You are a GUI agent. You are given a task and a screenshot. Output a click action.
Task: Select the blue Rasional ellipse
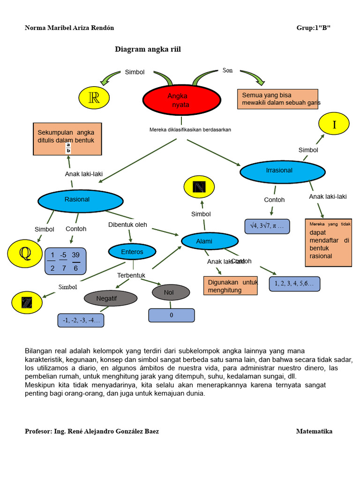tap(80, 200)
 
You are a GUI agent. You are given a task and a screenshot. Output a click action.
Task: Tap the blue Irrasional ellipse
tap(282, 172)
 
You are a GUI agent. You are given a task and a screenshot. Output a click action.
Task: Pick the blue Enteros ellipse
tap(132, 252)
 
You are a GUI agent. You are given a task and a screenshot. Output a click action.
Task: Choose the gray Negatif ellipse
tap(110, 298)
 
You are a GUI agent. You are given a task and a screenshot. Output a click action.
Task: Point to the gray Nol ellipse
tap(171, 292)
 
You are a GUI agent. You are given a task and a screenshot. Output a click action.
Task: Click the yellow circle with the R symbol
tap(94, 97)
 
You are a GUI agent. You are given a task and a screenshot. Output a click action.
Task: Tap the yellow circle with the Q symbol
tap(24, 254)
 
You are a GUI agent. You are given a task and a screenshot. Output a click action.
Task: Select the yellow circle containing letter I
tap(334, 124)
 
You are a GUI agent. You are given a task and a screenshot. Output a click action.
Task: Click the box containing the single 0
tap(172, 315)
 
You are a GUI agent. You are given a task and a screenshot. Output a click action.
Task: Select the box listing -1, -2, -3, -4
tap(81, 321)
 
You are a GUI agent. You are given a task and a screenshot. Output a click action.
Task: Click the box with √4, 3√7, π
tap(267, 226)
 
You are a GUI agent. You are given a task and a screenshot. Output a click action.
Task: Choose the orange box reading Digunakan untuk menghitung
tap(231, 286)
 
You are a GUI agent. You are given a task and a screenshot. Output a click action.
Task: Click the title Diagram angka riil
tap(148, 49)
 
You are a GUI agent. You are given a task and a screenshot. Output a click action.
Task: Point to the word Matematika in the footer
tap(314, 431)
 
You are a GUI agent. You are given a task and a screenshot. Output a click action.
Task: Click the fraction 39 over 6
tap(76, 262)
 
